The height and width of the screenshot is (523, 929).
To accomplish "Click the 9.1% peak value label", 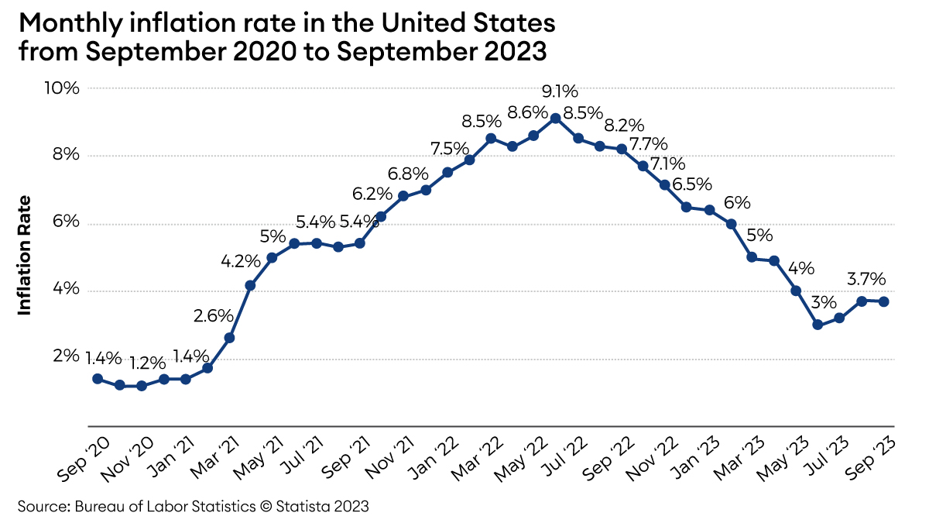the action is [x=560, y=91].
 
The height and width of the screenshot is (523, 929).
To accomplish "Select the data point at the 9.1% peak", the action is [x=556, y=119].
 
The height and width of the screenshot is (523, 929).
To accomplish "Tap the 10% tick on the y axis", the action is [x=62, y=88].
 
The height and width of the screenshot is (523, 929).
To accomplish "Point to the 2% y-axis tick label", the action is [x=66, y=356].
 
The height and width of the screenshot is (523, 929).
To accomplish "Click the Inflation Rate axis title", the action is [x=25, y=256].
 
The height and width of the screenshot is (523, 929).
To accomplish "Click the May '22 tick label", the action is [x=520, y=460].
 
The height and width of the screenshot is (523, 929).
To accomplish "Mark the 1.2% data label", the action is [x=147, y=363].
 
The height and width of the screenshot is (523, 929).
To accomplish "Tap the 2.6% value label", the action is [x=214, y=316].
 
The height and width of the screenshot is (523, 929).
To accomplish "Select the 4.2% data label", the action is [x=241, y=262].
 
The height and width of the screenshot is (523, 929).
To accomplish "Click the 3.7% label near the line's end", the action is [x=866, y=280].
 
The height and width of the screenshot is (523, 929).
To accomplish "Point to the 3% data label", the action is [x=824, y=303].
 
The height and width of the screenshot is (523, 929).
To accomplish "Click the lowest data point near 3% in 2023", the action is [x=818, y=325].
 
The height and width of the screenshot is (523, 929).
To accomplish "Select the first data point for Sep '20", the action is [x=98, y=379].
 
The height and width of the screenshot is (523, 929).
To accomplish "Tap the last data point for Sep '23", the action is [x=884, y=301].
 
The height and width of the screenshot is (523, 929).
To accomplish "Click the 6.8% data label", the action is [x=408, y=174].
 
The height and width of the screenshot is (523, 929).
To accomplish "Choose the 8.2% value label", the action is [x=624, y=126].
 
